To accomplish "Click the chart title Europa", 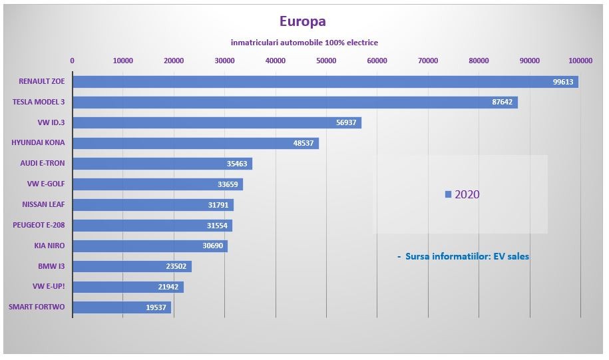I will click(x=303, y=22).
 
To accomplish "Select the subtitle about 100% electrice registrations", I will click(x=304, y=43).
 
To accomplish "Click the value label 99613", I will click(x=563, y=82).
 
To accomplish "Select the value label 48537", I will click(x=304, y=144).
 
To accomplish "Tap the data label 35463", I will click(x=237, y=164).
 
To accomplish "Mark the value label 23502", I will click(x=176, y=267).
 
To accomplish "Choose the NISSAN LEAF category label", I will click(x=43, y=204).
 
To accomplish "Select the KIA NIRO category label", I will click(x=49, y=246).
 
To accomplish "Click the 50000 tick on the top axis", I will click(x=326, y=61).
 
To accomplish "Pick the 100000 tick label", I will click(x=580, y=61).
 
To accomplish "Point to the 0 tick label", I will click(x=72, y=61).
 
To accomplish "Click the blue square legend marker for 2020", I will click(x=449, y=194).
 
